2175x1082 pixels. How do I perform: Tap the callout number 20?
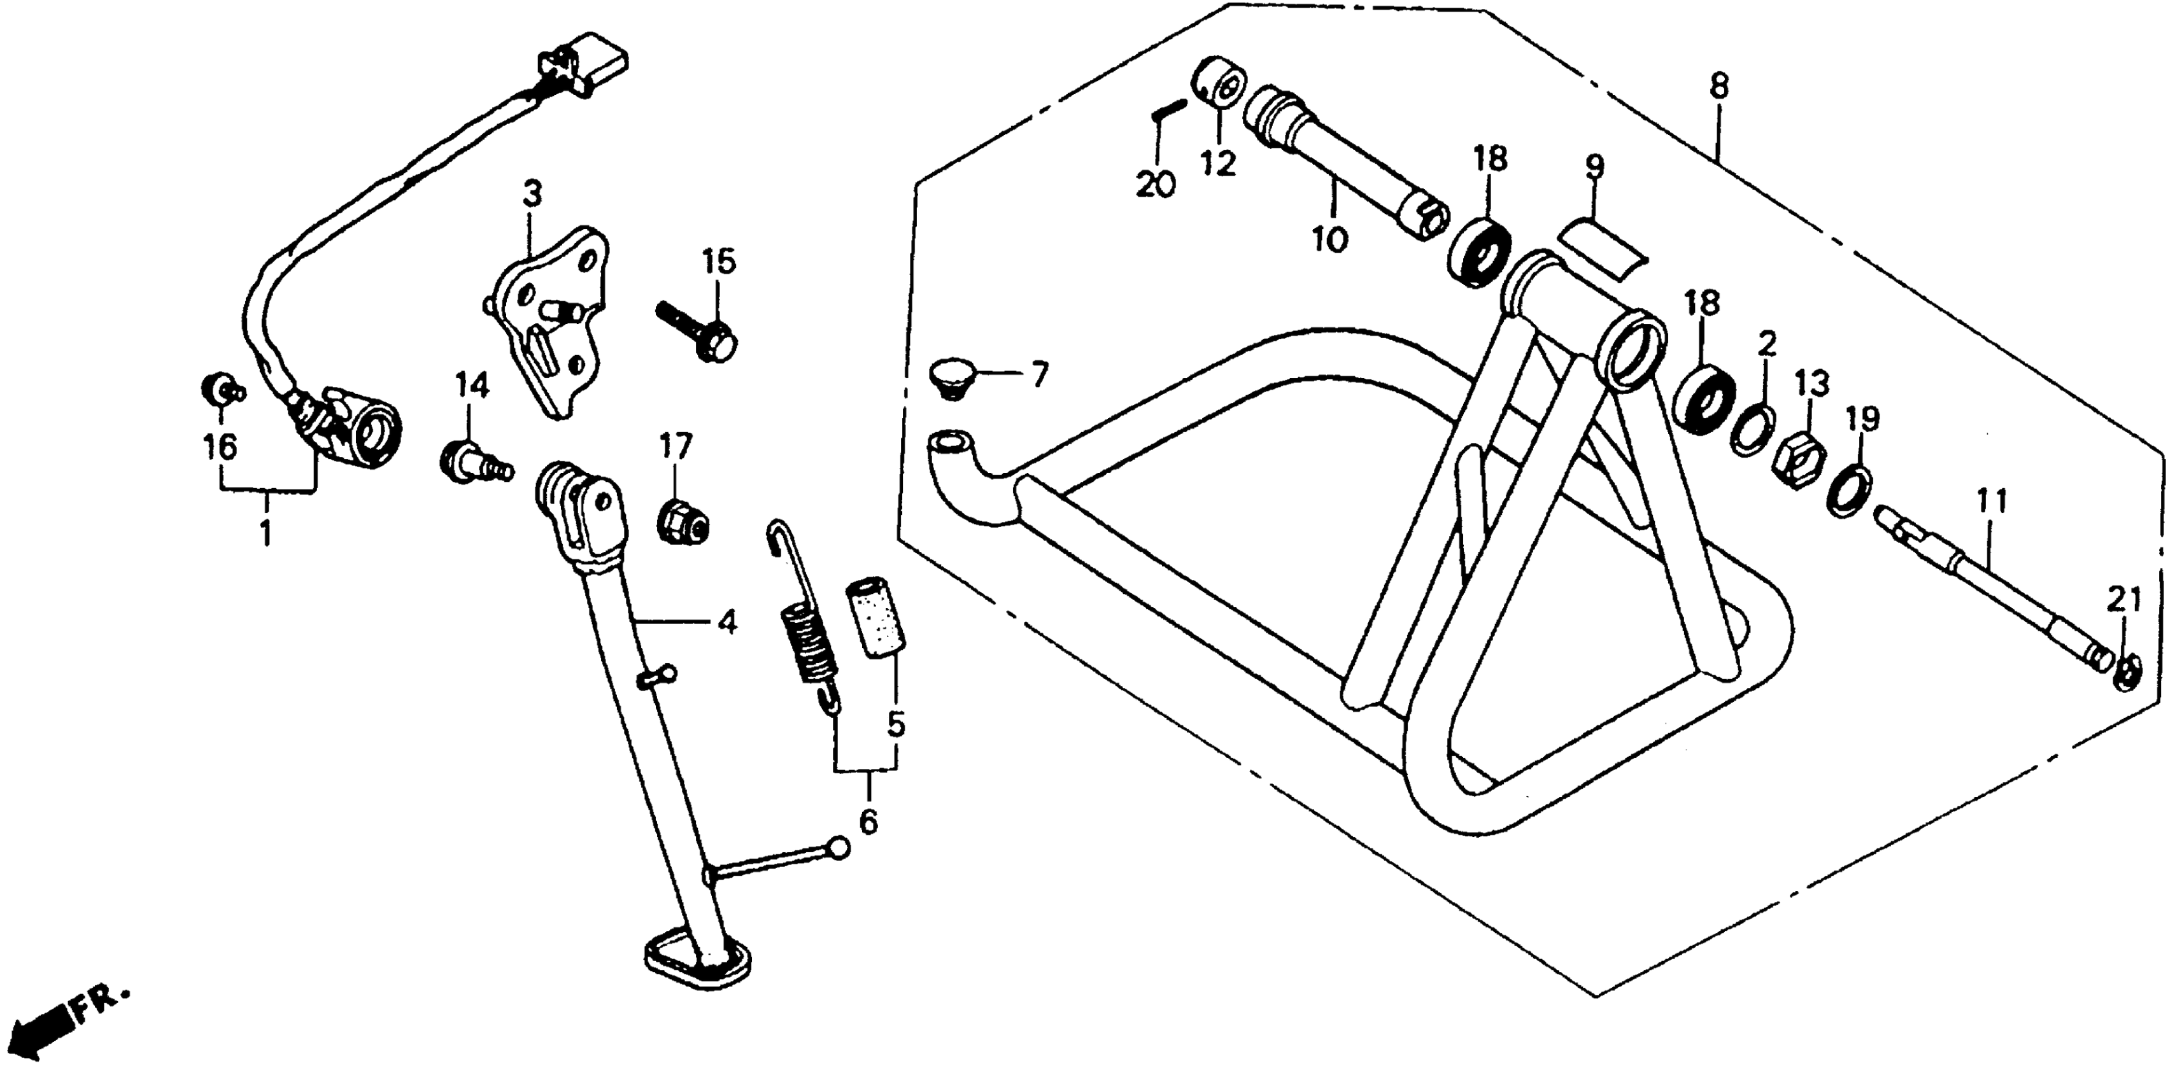[x=1156, y=184]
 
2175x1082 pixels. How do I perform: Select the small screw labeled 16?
[x=218, y=390]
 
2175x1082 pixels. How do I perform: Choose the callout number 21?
[x=2123, y=601]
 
